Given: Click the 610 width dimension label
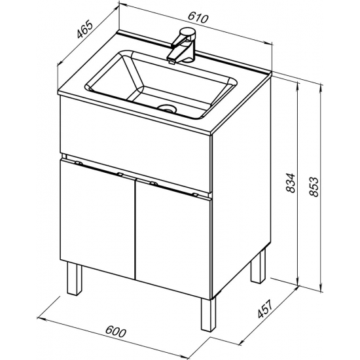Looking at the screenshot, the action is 198,18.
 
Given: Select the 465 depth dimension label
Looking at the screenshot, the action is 84,30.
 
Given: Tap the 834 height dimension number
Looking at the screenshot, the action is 291,183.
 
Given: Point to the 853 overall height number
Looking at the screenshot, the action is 314,187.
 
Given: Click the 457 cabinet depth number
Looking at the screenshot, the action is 265,309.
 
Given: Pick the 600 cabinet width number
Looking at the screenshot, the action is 116,331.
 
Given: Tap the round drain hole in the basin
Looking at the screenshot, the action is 167,108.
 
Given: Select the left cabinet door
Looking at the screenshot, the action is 98,219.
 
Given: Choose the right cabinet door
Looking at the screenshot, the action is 173,240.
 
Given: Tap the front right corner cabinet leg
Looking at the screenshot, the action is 208,315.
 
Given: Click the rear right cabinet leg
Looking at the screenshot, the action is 258,266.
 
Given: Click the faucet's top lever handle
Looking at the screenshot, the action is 187,32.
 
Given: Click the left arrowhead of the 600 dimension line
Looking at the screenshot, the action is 39,318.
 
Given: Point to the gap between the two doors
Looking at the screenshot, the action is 135,230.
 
